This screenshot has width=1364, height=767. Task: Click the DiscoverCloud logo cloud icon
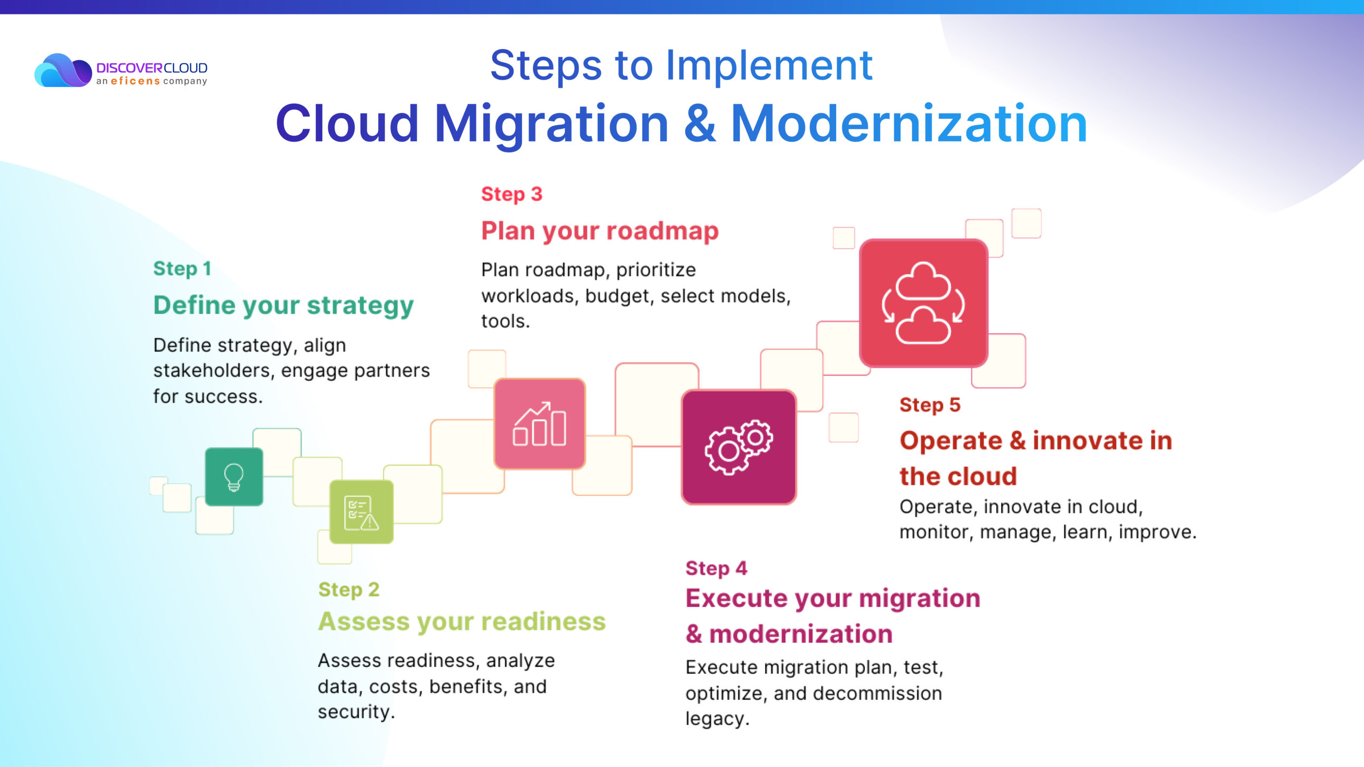click(x=63, y=70)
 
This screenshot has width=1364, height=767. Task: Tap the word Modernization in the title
click(x=909, y=124)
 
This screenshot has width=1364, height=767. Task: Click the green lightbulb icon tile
click(x=234, y=477)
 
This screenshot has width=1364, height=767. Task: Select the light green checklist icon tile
click(x=361, y=512)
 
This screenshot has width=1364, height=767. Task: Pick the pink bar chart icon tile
click(x=539, y=424)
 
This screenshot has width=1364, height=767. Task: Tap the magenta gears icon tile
click(x=738, y=447)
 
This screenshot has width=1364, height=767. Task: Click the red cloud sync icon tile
click(x=923, y=303)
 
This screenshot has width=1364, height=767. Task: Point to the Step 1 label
click(x=182, y=268)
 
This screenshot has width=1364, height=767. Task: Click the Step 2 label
click(x=349, y=590)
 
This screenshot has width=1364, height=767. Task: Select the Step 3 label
click(x=511, y=194)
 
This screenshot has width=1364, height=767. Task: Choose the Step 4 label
click(x=716, y=568)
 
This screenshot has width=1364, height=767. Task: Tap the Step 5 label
click(x=930, y=405)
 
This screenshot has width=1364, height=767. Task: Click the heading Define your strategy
click(x=283, y=306)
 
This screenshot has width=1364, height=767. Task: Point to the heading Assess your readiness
click(x=462, y=622)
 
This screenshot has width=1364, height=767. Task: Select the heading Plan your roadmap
click(x=600, y=231)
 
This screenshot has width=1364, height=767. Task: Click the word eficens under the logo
click(x=135, y=81)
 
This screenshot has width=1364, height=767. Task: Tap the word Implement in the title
click(x=769, y=66)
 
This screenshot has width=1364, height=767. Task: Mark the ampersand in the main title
click(x=700, y=124)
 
